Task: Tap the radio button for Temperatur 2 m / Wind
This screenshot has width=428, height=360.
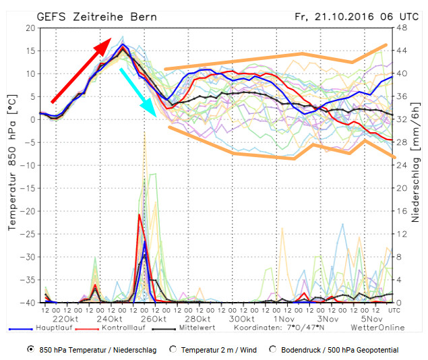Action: point(174,350)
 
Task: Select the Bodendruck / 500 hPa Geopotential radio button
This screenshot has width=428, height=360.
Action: point(273,350)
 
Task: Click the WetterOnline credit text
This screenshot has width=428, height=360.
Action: point(377,328)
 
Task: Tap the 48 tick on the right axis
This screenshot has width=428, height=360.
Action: point(400,28)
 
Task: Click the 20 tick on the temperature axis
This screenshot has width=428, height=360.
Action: point(31,28)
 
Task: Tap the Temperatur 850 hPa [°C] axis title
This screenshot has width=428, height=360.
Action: point(11,165)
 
